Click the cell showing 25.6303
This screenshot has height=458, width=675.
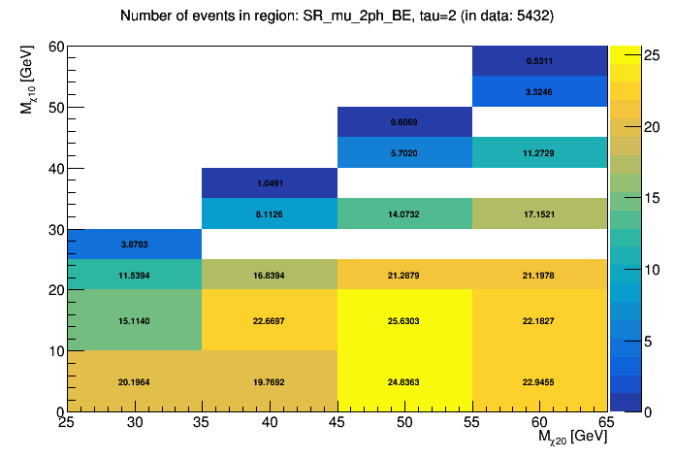(404, 320)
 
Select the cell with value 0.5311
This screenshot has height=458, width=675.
(540, 60)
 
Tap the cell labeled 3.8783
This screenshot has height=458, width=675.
(134, 244)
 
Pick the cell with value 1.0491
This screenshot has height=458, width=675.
(270, 183)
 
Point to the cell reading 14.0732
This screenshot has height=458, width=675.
(404, 213)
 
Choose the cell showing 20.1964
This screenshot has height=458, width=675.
(134, 381)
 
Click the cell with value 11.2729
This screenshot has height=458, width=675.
(540, 152)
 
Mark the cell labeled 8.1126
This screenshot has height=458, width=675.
(270, 213)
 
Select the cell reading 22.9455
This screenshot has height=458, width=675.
(540, 381)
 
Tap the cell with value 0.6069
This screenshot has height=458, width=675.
(404, 122)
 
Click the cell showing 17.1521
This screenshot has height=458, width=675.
(540, 213)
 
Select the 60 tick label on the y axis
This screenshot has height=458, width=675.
(55, 47)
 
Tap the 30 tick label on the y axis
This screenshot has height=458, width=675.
(55, 229)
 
